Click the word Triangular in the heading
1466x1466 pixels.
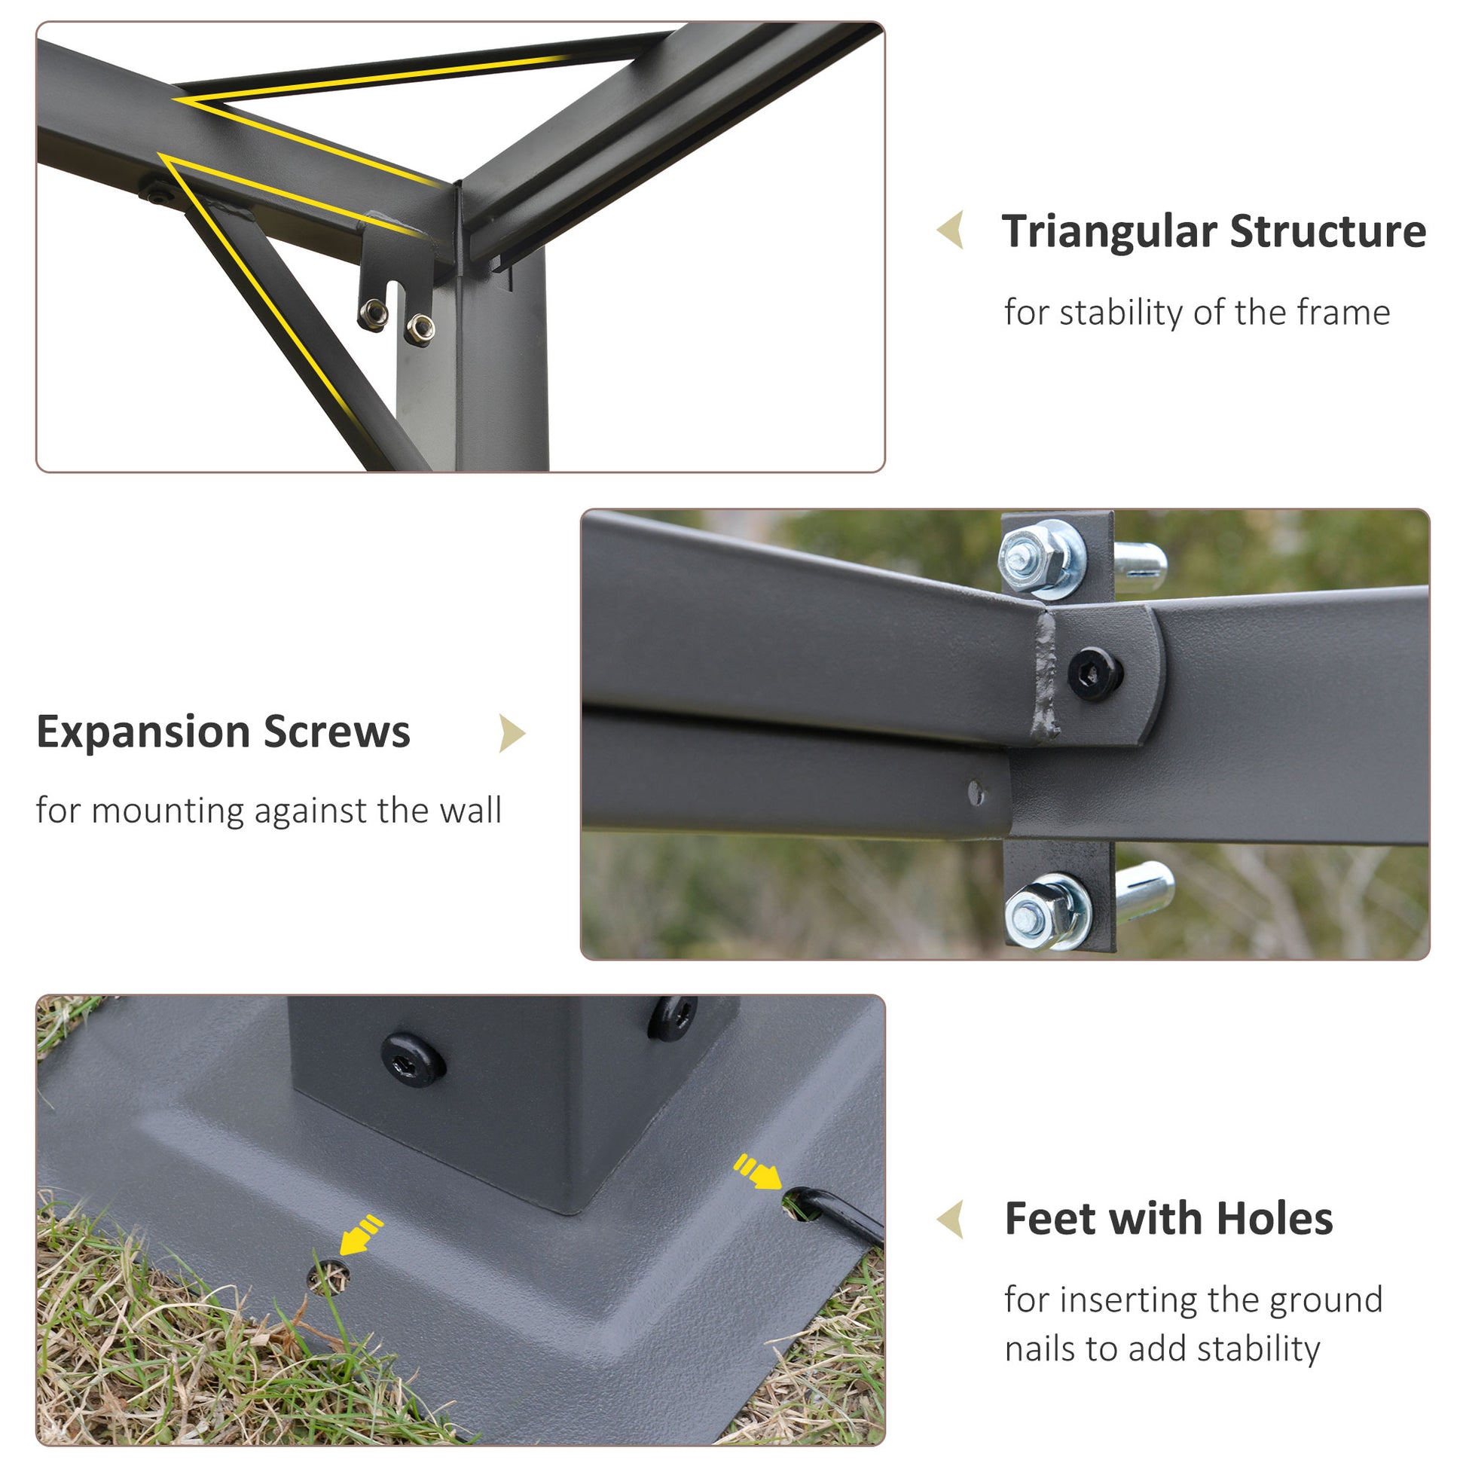coord(1110,232)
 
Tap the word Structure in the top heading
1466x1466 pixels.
coord(1328,231)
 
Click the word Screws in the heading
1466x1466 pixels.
coord(337,732)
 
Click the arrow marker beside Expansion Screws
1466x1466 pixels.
coord(512,734)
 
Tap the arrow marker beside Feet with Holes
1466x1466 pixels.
coord(951,1220)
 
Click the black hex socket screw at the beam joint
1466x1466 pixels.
coord(1095,672)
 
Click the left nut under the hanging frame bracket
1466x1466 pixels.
coord(374,314)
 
